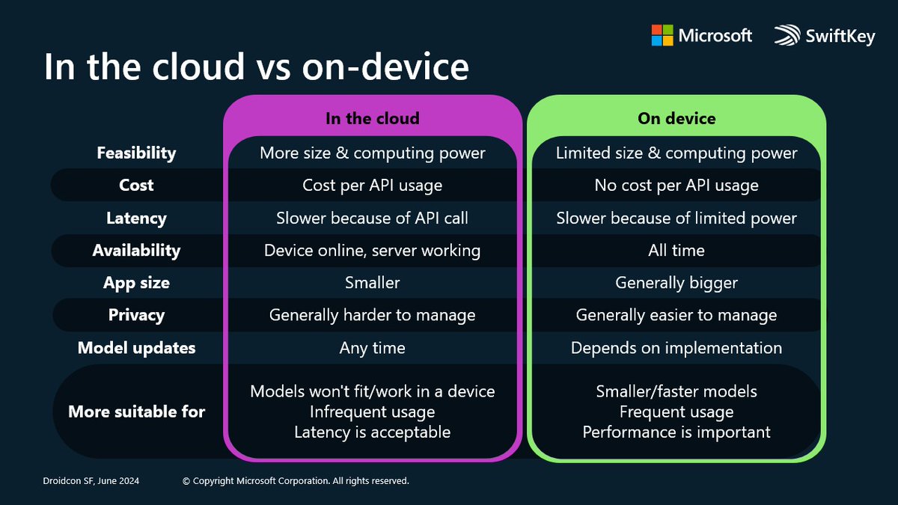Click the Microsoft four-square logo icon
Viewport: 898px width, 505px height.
[x=662, y=35]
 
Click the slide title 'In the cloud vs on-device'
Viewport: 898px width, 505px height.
[x=256, y=66]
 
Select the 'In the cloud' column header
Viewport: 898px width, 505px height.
[x=372, y=118]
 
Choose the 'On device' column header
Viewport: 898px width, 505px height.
[x=676, y=118]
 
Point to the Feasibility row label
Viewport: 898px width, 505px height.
[x=136, y=153]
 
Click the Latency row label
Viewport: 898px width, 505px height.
[x=136, y=218]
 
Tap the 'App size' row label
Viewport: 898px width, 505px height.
[x=136, y=283]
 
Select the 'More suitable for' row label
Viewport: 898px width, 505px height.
[x=136, y=411]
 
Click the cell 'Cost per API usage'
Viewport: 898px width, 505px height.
[x=372, y=185]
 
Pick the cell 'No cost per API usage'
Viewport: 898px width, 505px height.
[x=676, y=185]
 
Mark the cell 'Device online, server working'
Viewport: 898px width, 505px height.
[x=372, y=250]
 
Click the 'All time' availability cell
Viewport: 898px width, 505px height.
[x=676, y=250]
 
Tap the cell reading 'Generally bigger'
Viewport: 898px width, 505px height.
[x=676, y=283]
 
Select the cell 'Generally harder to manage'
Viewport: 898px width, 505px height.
[x=372, y=315]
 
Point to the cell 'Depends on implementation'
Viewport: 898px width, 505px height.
[x=676, y=348]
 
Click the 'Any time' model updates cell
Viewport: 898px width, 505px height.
[x=372, y=348]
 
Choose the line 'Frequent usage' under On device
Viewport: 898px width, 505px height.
[x=676, y=411]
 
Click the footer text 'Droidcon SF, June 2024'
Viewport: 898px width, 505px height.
[x=91, y=481]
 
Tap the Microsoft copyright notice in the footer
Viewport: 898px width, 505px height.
[x=296, y=481]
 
